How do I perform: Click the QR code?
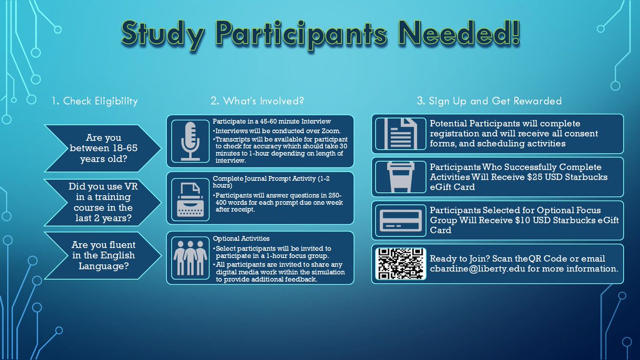400,263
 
